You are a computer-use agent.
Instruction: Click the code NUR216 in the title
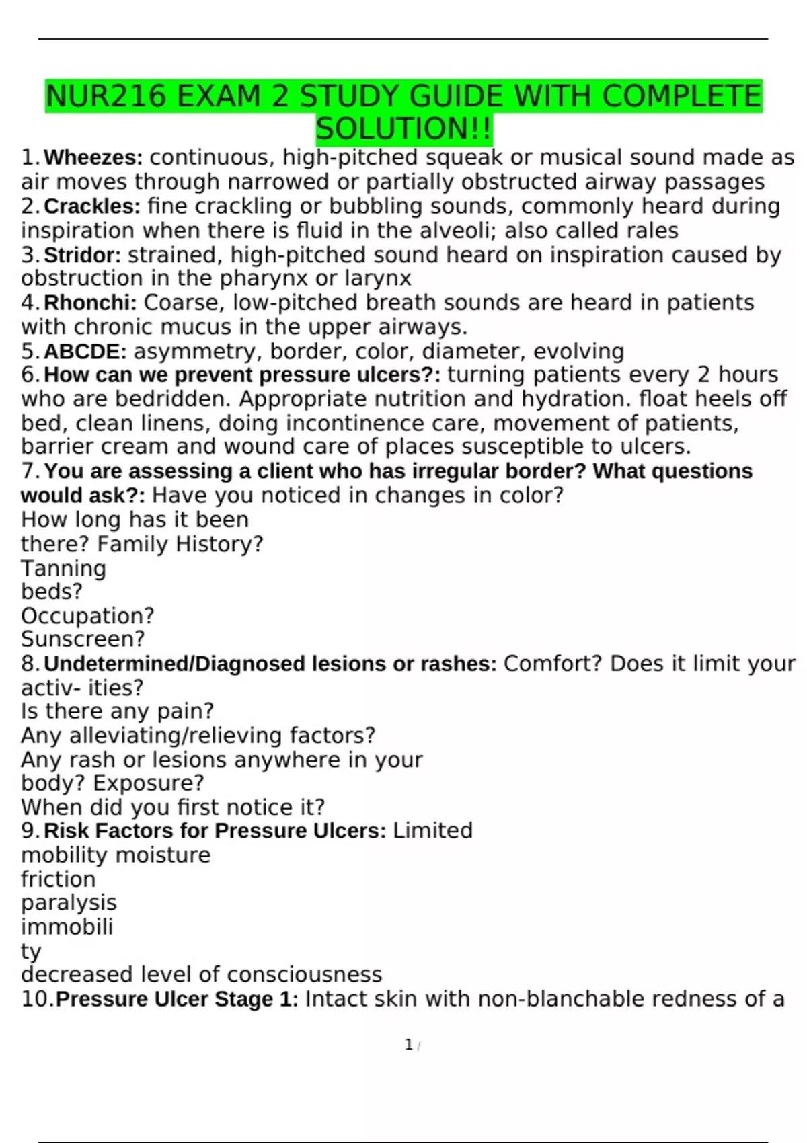(106, 97)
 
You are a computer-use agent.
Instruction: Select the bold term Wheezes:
(93, 158)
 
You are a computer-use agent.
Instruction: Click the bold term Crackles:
(92, 206)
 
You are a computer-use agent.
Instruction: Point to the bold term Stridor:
(83, 255)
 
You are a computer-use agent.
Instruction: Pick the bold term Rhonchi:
(90, 303)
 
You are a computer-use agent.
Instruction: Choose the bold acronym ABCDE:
(85, 352)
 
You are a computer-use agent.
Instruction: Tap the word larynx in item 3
(377, 278)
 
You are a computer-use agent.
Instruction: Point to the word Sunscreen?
(83, 639)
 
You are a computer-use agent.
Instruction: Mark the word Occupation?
(87, 616)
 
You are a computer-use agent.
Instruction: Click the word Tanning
(63, 569)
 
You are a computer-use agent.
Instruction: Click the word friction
(59, 879)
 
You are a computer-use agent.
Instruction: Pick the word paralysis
(69, 903)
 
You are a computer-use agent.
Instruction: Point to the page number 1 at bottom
(408, 1045)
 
